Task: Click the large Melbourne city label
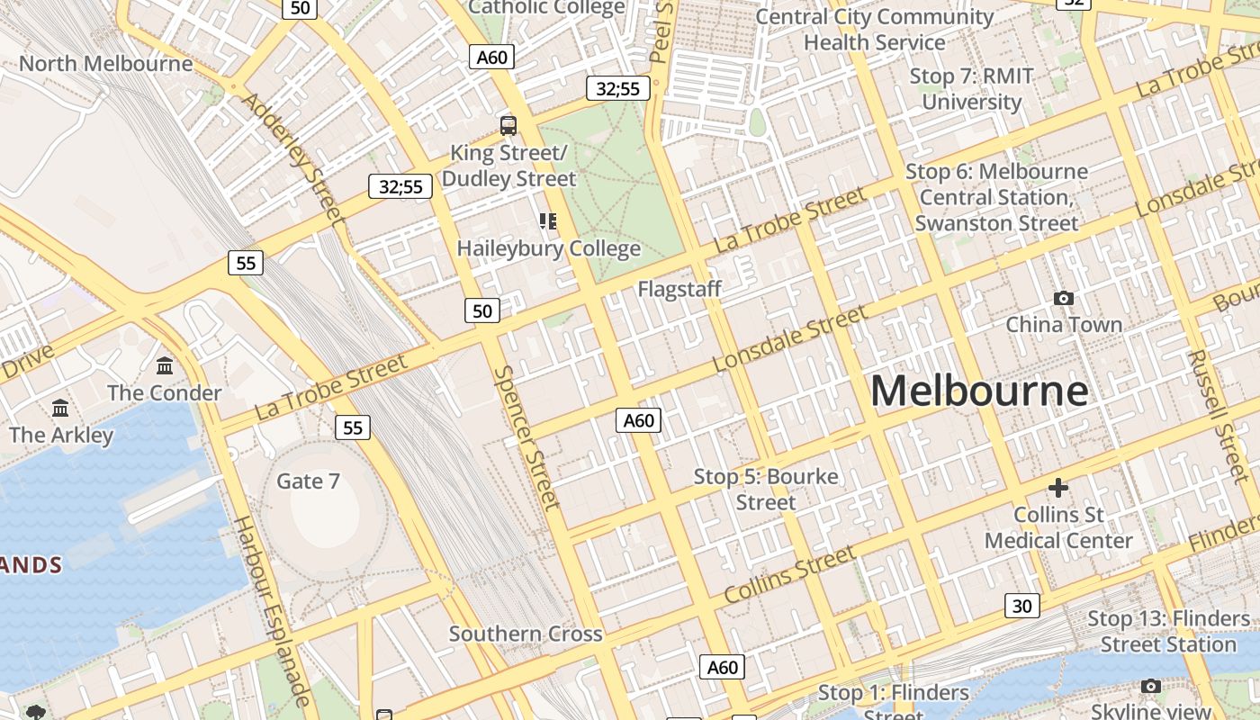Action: tap(979, 391)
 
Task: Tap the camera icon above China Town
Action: tap(1064, 298)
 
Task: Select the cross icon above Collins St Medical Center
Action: tap(1058, 488)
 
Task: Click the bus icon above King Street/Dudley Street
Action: tap(508, 125)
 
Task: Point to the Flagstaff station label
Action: tap(679, 290)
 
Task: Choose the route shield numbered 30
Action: tap(1022, 606)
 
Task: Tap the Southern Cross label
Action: tap(526, 634)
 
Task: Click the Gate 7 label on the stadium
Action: tap(308, 481)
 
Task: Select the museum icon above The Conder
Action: tap(165, 365)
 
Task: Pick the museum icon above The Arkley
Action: tap(60, 408)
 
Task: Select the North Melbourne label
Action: tap(105, 64)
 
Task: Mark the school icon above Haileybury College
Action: tap(548, 220)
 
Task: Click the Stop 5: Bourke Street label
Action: tap(766, 489)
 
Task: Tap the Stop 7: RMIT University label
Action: tap(972, 89)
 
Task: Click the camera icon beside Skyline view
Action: tap(1150, 687)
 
